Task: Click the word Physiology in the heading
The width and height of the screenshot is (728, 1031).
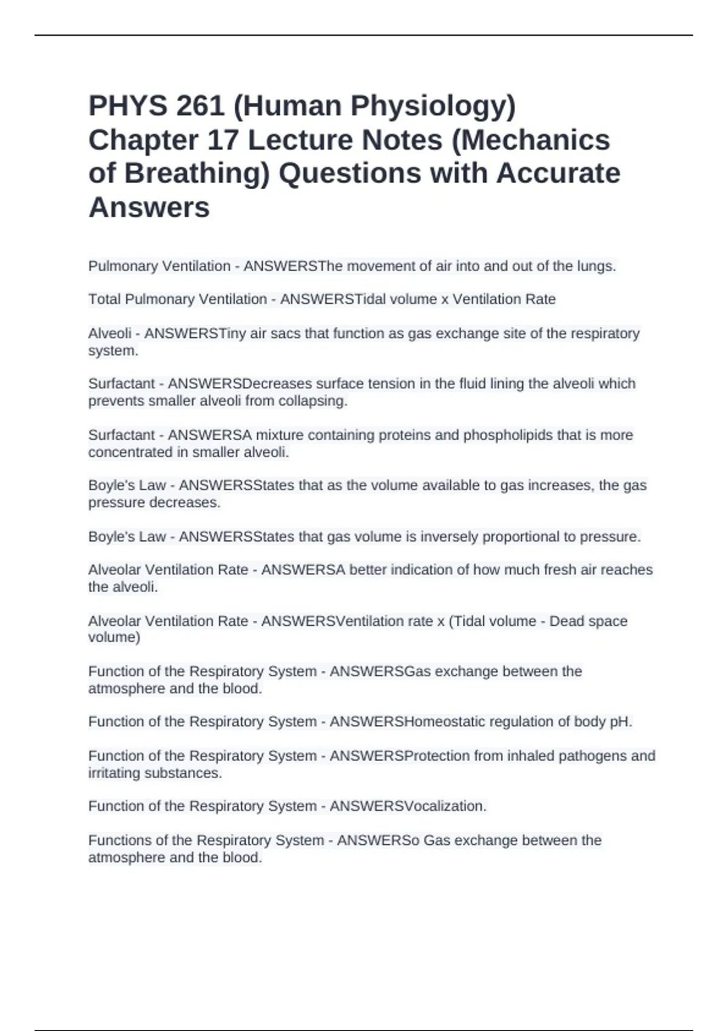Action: pyautogui.click(x=433, y=106)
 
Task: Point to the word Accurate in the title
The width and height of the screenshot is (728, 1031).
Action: pyautogui.click(x=558, y=173)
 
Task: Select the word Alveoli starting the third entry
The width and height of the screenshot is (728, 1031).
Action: pyautogui.click(x=110, y=334)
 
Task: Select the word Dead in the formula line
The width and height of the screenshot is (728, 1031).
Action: pyautogui.click(x=565, y=621)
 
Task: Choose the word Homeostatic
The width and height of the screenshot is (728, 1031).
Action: pyautogui.click(x=444, y=722)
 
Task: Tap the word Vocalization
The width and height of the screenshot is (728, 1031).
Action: pyautogui.click(x=445, y=806)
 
